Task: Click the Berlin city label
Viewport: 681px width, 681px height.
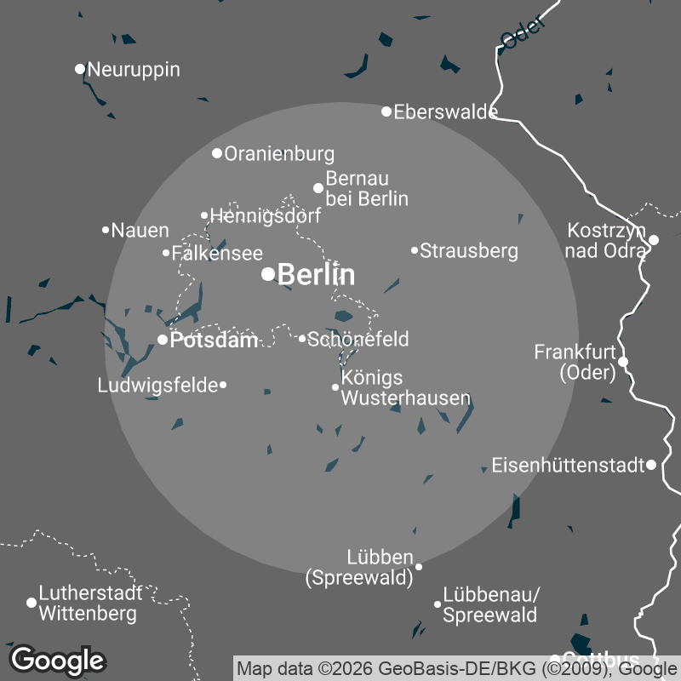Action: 316,275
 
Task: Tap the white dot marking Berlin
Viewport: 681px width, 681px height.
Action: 268,273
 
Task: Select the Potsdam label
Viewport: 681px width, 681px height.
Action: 214,340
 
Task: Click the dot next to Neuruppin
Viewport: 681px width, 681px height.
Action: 80,69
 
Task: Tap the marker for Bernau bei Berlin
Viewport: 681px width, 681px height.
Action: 318,188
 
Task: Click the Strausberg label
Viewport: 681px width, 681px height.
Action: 469,251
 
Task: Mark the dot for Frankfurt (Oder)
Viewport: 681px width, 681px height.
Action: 623,362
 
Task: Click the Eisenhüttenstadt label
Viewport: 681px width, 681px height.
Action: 567,466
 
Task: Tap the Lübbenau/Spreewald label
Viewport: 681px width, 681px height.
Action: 491,604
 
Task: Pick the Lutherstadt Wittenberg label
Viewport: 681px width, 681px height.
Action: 88,602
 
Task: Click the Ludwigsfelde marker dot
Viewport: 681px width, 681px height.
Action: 223,385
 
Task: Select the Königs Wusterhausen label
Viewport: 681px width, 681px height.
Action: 405,387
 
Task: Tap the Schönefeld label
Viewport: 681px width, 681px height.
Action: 358,339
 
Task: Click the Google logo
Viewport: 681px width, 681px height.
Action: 57,660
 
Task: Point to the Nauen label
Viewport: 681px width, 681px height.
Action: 140,230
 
